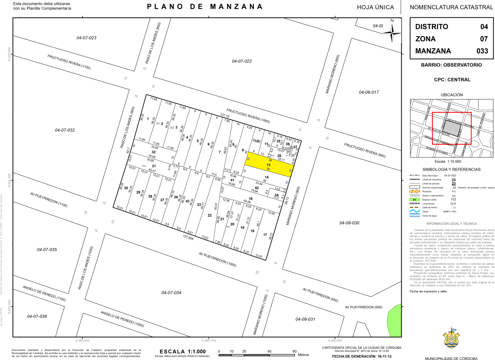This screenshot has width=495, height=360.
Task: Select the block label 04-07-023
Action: tap(86, 38)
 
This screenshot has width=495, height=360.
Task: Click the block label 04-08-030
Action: tap(349, 223)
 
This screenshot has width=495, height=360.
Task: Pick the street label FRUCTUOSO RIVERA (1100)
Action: tap(69, 62)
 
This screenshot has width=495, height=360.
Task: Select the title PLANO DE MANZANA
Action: tap(205, 7)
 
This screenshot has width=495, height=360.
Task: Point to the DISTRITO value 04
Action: tap(484, 27)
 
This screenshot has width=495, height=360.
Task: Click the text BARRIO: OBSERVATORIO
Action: tap(451, 65)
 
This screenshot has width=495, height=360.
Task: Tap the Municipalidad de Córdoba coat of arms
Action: tap(451, 340)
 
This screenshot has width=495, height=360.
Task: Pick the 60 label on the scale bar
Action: tap(294, 351)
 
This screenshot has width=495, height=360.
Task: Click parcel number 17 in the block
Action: tap(265, 235)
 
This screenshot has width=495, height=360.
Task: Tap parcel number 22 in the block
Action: tap(209, 215)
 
